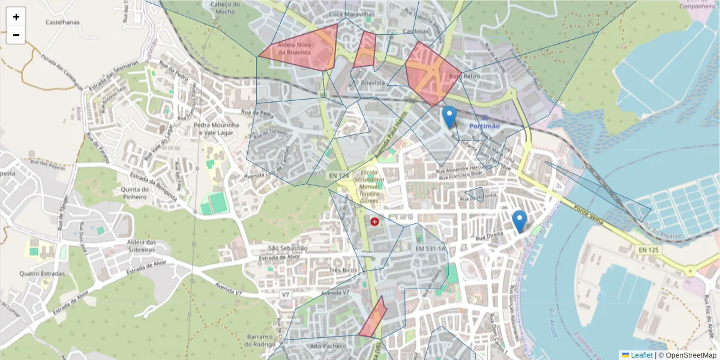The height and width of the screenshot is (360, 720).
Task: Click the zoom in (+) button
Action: pyautogui.click(x=16, y=17)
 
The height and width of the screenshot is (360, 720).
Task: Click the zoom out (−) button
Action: pyautogui.click(x=16, y=35)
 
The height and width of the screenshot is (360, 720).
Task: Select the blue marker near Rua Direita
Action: pyautogui.click(x=520, y=221)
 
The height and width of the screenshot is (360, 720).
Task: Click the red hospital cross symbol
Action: pyautogui.click(x=375, y=222)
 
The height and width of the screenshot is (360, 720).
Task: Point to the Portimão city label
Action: pyautogui.click(x=484, y=125)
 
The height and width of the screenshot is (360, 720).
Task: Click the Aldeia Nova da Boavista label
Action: pyautogui.click(x=294, y=49)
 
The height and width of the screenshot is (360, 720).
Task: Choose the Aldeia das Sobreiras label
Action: pyautogui.click(x=134, y=246)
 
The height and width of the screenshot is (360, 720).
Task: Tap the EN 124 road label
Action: pyautogui.click(x=339, y=175)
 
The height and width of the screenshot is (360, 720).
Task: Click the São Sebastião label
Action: pyautogui.click(x=288, y=248)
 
